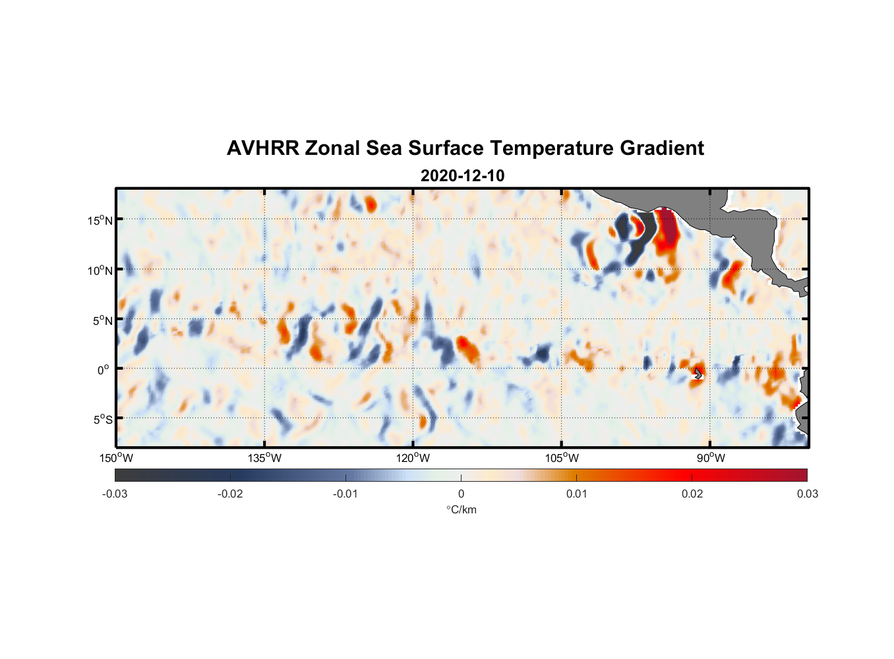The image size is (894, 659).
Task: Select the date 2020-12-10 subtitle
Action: click(462, 176)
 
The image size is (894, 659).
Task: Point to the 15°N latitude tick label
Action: click(100, 220)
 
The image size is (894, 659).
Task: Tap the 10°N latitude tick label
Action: click(100, 270)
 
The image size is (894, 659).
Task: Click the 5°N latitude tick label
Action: click(102, 320)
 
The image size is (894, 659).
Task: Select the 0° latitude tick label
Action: click(104, 370)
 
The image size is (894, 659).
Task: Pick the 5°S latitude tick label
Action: click(102, 420)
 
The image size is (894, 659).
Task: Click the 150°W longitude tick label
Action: click(117, 458)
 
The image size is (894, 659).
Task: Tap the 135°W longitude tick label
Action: click(265, 458)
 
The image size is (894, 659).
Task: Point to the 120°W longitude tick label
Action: click(413, 458)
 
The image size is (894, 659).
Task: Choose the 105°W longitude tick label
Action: click(562, 458)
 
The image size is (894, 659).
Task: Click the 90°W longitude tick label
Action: click(711, 458)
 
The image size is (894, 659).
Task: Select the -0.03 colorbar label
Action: click(115, 494)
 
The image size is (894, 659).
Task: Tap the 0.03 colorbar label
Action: click(807, 494)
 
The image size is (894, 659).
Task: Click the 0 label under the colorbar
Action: click(461, 494)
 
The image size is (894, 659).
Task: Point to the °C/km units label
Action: click(462, 509)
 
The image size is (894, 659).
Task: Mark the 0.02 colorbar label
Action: click(692, 494)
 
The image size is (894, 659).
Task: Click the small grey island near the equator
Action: click(698, 374)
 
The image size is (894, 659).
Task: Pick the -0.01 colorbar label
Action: click(345, 494)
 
